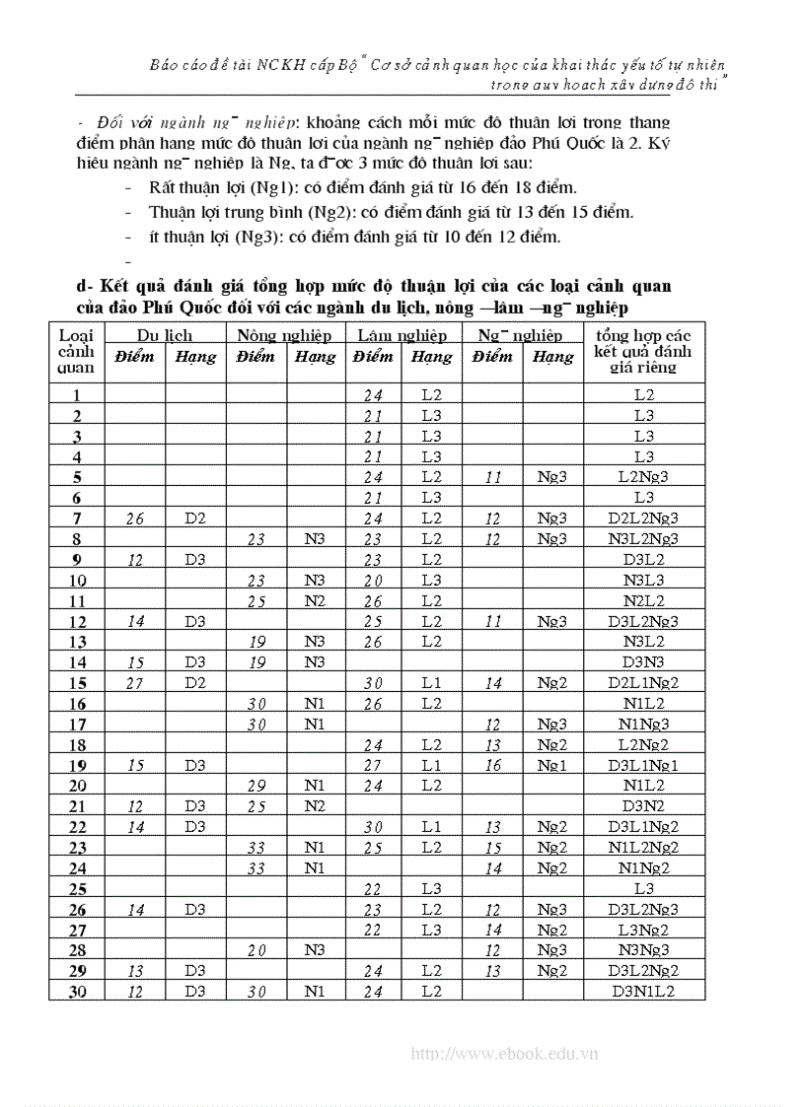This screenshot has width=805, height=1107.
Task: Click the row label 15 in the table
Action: tap(77, 683)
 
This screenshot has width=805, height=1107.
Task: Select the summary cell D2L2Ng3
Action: tap(643, 519)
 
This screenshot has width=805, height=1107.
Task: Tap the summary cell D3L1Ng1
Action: tap(643, 765)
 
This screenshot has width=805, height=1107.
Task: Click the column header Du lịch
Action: tap(164, 335)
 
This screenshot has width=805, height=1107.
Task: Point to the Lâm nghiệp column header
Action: tap(402, 335)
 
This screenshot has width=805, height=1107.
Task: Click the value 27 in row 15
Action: tap(134, 683)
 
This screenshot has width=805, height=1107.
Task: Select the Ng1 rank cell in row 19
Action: tap(551, 765)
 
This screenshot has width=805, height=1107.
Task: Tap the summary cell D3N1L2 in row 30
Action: tap(643, 991)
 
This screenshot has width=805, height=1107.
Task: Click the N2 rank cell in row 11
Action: tap(315, 601)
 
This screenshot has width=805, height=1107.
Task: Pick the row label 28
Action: tap(77, 950)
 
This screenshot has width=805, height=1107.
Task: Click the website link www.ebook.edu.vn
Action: tap(504, 1054)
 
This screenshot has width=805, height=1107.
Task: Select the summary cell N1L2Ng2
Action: tap(643, 848)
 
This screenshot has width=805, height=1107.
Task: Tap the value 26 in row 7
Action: tap(134, 519)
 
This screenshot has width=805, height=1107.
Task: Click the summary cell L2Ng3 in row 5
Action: tap(643, 477)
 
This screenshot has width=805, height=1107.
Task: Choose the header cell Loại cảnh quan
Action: tap(76, 351)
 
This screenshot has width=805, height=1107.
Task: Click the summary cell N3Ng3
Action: tap(643, 950)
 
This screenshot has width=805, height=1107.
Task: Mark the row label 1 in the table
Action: tap(77, 395)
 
